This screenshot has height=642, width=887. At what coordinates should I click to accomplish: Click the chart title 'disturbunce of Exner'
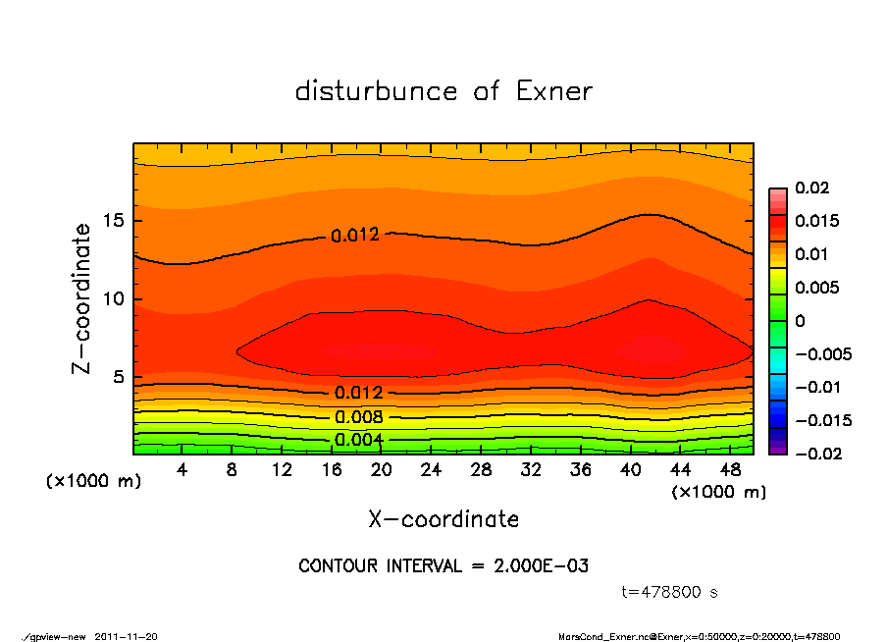(443, 91)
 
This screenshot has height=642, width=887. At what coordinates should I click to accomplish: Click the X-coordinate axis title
(443, 519)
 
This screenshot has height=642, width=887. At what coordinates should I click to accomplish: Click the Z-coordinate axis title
(82, 298)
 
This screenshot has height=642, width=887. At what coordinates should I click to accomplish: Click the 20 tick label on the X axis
(381, 471)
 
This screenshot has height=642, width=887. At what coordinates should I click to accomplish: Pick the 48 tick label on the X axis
(729, 471)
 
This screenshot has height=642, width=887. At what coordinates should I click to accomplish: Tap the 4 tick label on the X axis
(183, 471)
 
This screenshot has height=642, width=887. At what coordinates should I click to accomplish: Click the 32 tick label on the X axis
(530, 471)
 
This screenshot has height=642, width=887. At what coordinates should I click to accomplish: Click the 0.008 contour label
(358, 417)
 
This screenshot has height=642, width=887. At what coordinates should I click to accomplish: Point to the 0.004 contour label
(358, 439)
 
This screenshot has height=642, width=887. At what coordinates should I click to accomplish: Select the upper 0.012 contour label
(355, 236)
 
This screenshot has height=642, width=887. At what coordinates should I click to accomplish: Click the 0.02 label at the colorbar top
(812, 187)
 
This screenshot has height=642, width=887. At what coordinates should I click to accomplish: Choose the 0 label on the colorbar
(800, 321)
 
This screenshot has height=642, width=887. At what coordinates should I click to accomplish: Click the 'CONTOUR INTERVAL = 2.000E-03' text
(443, 566)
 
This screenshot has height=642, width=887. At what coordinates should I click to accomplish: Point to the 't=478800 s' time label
(670, 593)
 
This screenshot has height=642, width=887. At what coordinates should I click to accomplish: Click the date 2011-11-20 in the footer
(127, 637)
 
